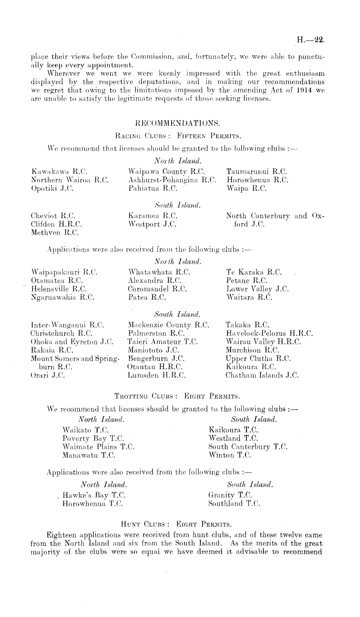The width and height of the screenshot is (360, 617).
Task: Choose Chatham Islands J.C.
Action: (x=262, y=375)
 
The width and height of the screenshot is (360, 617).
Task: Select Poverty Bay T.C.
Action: (x=93, y=439)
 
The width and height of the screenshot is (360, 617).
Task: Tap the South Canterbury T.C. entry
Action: (x=248, y=447)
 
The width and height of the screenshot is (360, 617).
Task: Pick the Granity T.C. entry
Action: (x=230, y=495)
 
